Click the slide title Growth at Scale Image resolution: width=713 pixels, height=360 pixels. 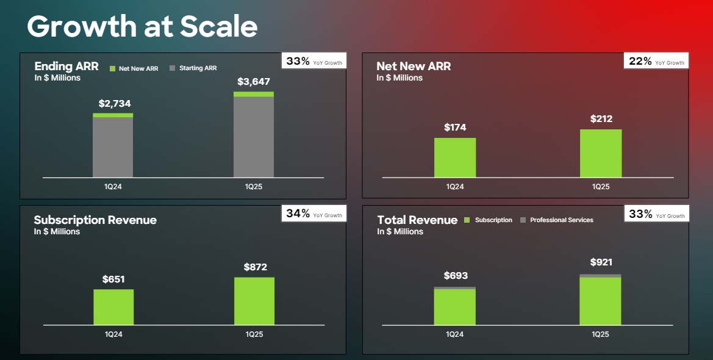pyautogui.click(x=142, y=27)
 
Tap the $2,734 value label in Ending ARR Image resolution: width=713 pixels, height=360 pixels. pyautogui.click(x=114, y=104)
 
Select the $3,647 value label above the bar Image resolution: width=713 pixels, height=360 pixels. pyautogui.click(x=254, y=82)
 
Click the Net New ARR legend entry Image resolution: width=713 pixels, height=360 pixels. pyautogui.click(x=134, y=68)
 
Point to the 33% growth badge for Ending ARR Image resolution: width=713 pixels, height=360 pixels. pyautogui.click(x=314, y=62)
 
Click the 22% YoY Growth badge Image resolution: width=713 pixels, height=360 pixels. pyautogui.click(x=656, y=62)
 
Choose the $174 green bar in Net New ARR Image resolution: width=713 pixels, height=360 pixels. pyautogui.click(x=455, y=157)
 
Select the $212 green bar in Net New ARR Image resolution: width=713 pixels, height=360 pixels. pyautogui.click(x=601, y=153)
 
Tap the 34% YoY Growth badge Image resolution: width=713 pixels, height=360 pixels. pyautogui.click(x=314, y=214)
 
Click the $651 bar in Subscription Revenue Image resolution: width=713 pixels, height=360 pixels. pyautogui.click(x=113, y=307)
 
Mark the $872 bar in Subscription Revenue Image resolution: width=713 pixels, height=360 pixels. pyautogui.click(x=254, y=301)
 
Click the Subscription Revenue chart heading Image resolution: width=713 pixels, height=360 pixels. pyautogui.click(x=95, y=220)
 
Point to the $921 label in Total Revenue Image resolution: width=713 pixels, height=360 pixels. pyautogui.click(x=601, y=262)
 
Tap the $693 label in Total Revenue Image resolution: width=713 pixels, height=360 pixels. pyautogui.click(x=456, y=276)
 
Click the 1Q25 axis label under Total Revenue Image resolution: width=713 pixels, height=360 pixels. pyautogui.click(x=600, y=334)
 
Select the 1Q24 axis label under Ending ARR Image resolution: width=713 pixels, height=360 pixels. pyautogui.click(x=113, y=187)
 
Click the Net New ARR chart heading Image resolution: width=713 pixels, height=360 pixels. pyautogui.click(x=414, y=67)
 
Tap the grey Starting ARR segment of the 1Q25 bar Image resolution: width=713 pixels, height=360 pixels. pyautogui.click(x=254, y=137)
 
